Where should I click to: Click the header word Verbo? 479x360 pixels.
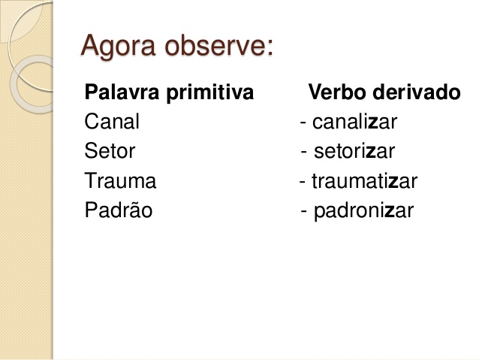[x=335, y=93]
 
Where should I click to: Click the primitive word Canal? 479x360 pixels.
[x=112, y=122]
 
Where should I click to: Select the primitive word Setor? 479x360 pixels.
[x=110, y=151]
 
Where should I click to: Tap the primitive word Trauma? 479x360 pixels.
[x=120, y=181]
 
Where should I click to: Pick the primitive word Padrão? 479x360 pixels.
[x=119, y=210]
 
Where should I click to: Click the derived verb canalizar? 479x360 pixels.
[x=354, y=122]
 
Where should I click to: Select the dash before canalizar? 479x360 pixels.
[x=302, y=123]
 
